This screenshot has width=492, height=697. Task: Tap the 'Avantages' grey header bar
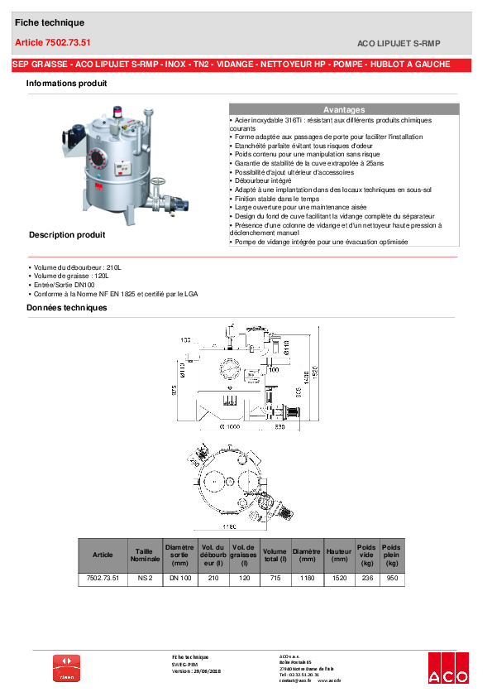[343, 109]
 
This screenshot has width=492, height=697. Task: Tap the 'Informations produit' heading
[66, 84]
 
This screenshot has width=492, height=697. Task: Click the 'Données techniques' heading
[66, 308]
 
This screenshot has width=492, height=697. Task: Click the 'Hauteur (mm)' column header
[338, 555]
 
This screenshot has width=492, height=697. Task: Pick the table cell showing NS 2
[145, 579]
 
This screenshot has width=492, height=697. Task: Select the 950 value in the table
[391, 579]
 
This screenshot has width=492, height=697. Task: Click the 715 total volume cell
[275, 579]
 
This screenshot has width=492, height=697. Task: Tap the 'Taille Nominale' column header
[145, 555]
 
